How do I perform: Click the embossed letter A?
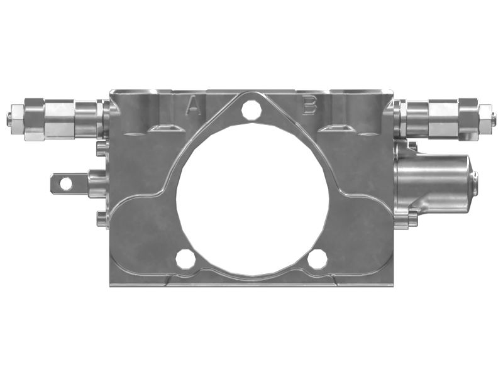(x=194, y=107)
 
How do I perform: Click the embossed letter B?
(x=309, y=106)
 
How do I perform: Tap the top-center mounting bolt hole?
(x=251, y=109)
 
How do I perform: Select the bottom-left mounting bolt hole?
(x=185, y=258)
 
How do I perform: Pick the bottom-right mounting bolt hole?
(x=318, y=258)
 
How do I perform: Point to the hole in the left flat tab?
(x=65, y=183)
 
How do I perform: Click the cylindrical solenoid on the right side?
(x=434, y=182)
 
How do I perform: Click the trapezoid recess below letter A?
(x=165, y=128)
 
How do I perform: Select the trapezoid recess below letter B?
(x=337, y=128)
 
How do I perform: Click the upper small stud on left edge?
(x=101, y=148)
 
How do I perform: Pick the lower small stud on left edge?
(x=101, y=218)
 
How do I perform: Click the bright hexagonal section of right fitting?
(x=444, y=119)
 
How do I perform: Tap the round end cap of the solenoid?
(x=473, y=183)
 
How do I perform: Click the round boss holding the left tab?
(x=96, y=183)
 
